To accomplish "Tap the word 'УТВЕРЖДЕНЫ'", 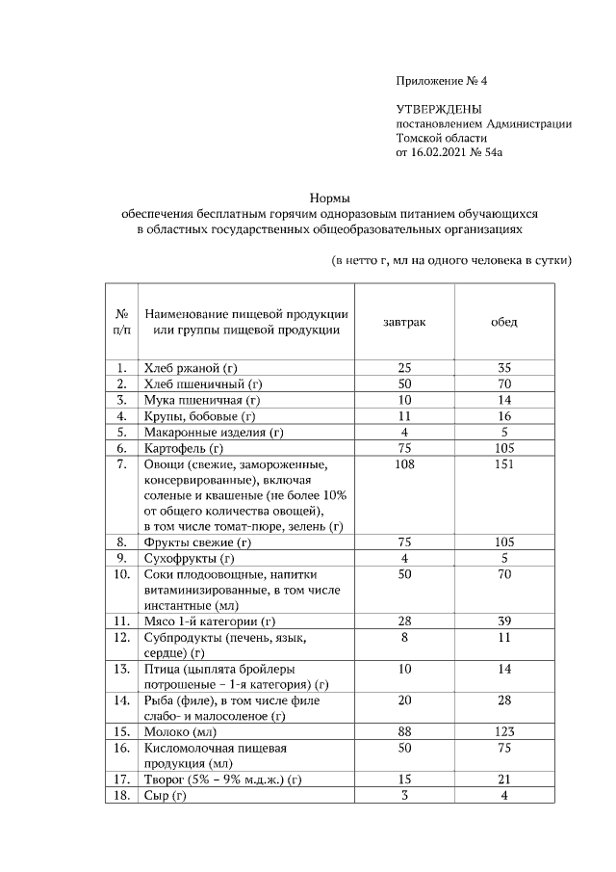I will [438, 109].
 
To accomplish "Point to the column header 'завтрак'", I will [404, 322].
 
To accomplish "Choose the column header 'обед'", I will [504, 322].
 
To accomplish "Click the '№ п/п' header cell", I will [122, 322].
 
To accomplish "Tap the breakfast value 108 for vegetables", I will [404, 464].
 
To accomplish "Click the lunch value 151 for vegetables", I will [504, 464].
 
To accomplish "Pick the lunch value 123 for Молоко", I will [504, 732].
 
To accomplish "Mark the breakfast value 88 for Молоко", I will [404, 732].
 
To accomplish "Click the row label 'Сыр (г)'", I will [166, 795].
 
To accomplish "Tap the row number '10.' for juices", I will [122, 574].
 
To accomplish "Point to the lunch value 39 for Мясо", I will [504, 621].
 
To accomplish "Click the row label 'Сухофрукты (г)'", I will [190, 558].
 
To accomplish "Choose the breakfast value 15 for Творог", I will [404, 780].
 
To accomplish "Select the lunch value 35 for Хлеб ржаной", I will [504, 368].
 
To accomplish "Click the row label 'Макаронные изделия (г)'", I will [214, 433].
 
